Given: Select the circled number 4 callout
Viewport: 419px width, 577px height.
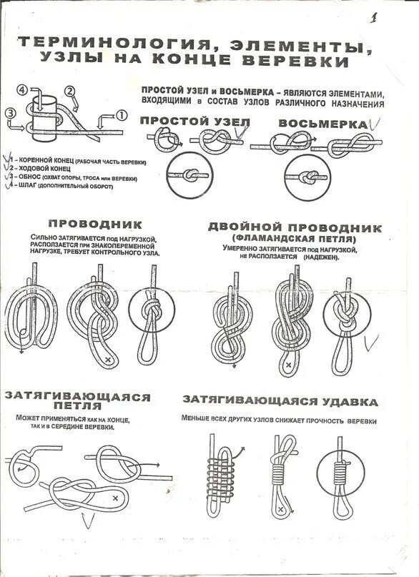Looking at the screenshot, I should click(23, 89).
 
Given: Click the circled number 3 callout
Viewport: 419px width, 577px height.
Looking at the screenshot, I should click(10, 113).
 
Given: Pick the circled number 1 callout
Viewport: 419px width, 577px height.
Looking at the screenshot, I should click(122, 114).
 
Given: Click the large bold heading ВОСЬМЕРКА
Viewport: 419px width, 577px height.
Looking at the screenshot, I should click(322, 123).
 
